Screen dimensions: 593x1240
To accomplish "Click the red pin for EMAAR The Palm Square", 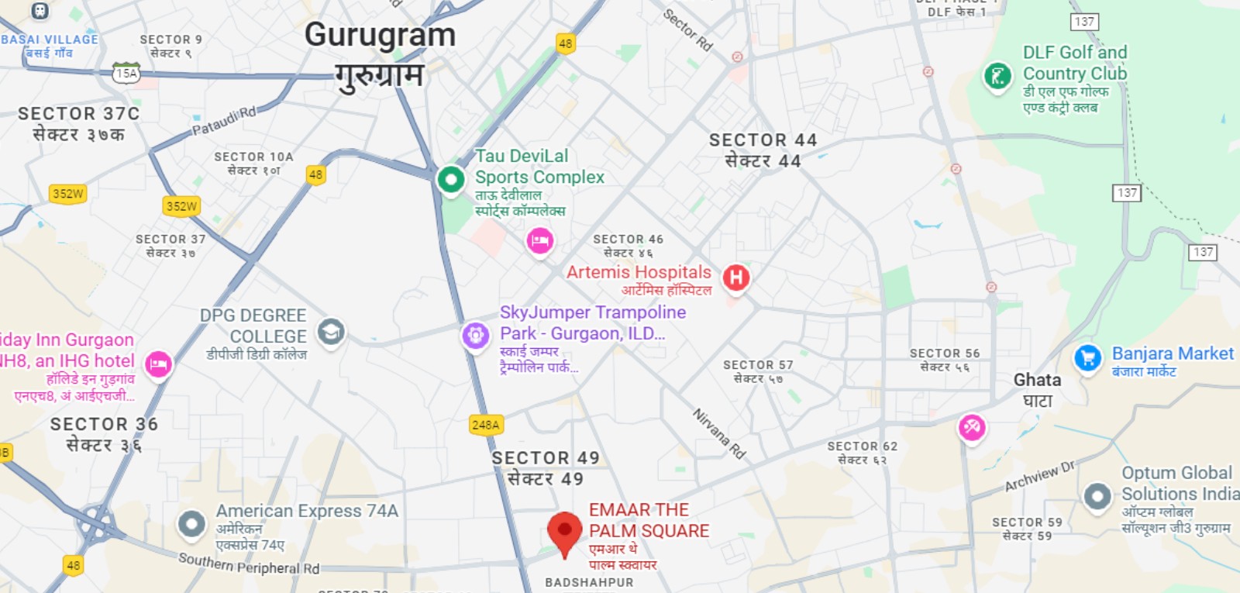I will click(x=564, y=531).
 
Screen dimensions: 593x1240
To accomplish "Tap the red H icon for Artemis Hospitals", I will click(x=736, y=278).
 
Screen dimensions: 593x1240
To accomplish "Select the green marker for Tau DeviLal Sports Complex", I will click(x=450, y=179).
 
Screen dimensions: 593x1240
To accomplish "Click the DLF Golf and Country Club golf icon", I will click(x=997, y=76).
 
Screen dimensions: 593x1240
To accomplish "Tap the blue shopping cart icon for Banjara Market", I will click(x=1087, y=357).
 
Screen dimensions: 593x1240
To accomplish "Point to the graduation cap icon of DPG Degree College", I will click(x=331, y=332).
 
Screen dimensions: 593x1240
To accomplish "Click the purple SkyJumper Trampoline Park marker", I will click(x=475, y=336).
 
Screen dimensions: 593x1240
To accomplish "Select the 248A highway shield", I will click(x=486, y=425).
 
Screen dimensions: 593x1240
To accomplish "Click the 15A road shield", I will click(x=126, y=74).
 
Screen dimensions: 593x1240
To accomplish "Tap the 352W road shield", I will click(x=68, y=194).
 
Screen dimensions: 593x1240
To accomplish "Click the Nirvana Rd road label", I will click(x=718, y=434).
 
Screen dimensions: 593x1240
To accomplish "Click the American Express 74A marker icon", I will click(x=191, y=524).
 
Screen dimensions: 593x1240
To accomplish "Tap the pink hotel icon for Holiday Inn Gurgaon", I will click(x=158, y=364).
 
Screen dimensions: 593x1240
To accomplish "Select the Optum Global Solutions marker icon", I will click(x=1097, y=496).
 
